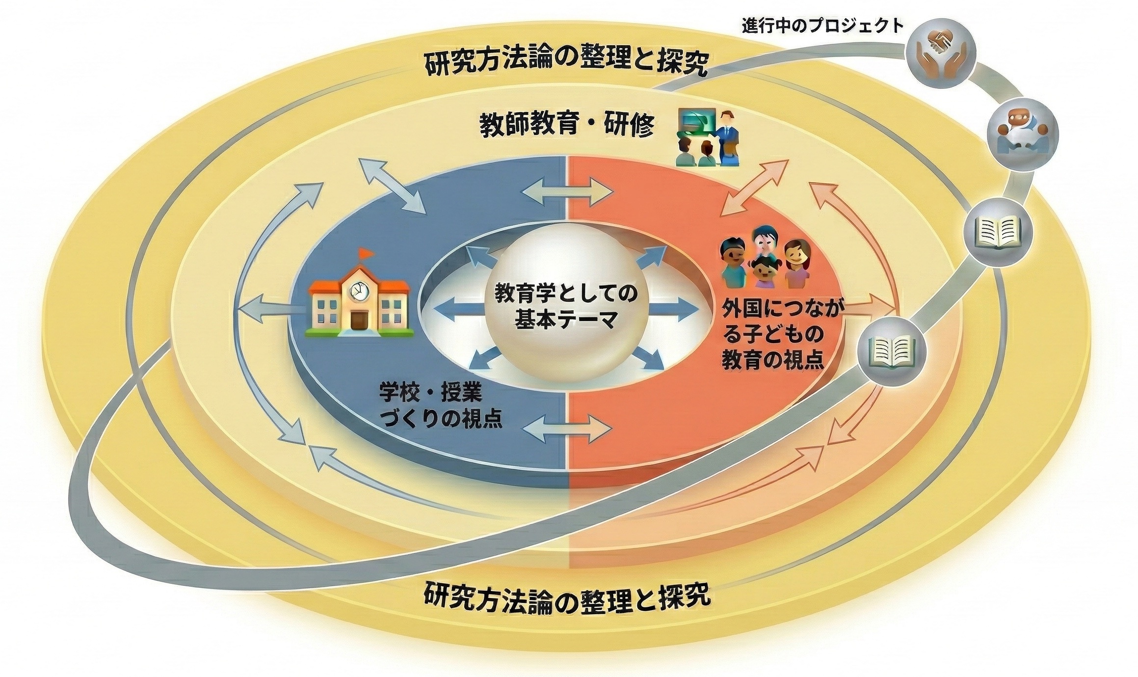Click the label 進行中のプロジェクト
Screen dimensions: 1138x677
pos(822,25)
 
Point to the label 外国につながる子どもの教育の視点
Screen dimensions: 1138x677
pos(775,335)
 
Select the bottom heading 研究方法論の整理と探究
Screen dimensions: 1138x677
pos(567,595)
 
